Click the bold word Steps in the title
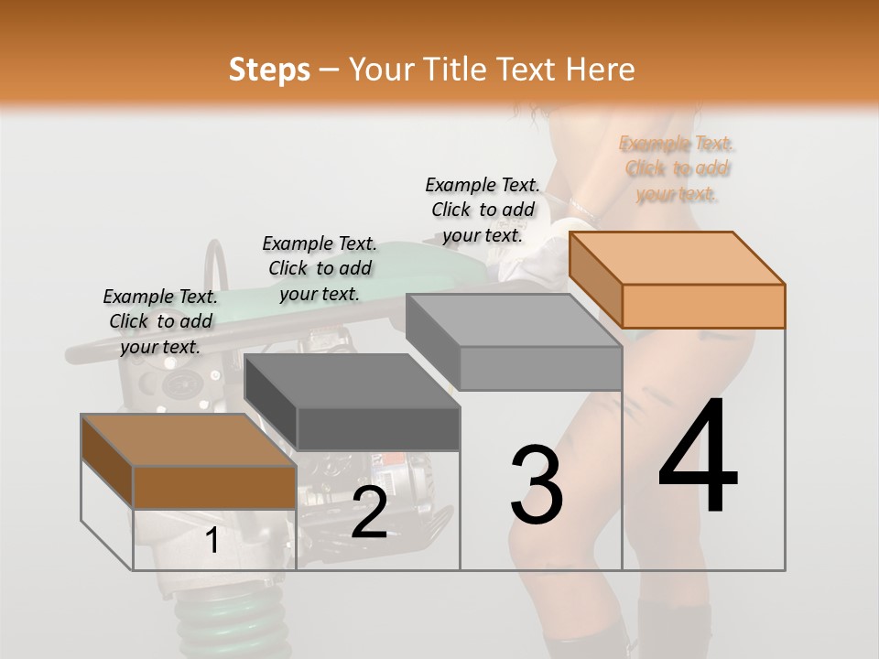coord(269,70)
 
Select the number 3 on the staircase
coord(537,485)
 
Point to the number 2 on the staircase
coord(369,513)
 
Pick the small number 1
coord(212,541)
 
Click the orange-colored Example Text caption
coord(678,168)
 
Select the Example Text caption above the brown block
coord(160,321)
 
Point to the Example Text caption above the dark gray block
coord(320,268)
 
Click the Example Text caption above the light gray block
coord(483,210)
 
